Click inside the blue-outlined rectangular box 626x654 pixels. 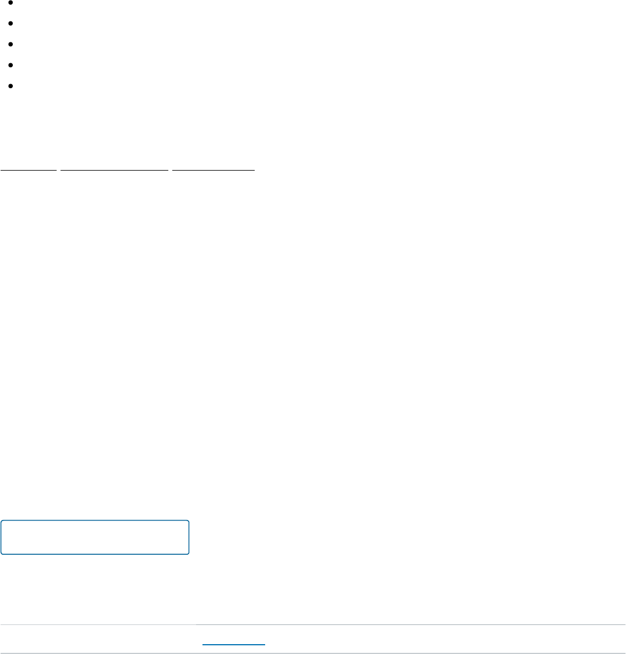click(95, 537)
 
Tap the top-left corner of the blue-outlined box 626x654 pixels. click(2, 521)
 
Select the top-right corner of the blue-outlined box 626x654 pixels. click(189, 521)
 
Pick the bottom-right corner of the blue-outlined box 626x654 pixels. click(189, 554)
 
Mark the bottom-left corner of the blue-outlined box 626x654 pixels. click(2, 554)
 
